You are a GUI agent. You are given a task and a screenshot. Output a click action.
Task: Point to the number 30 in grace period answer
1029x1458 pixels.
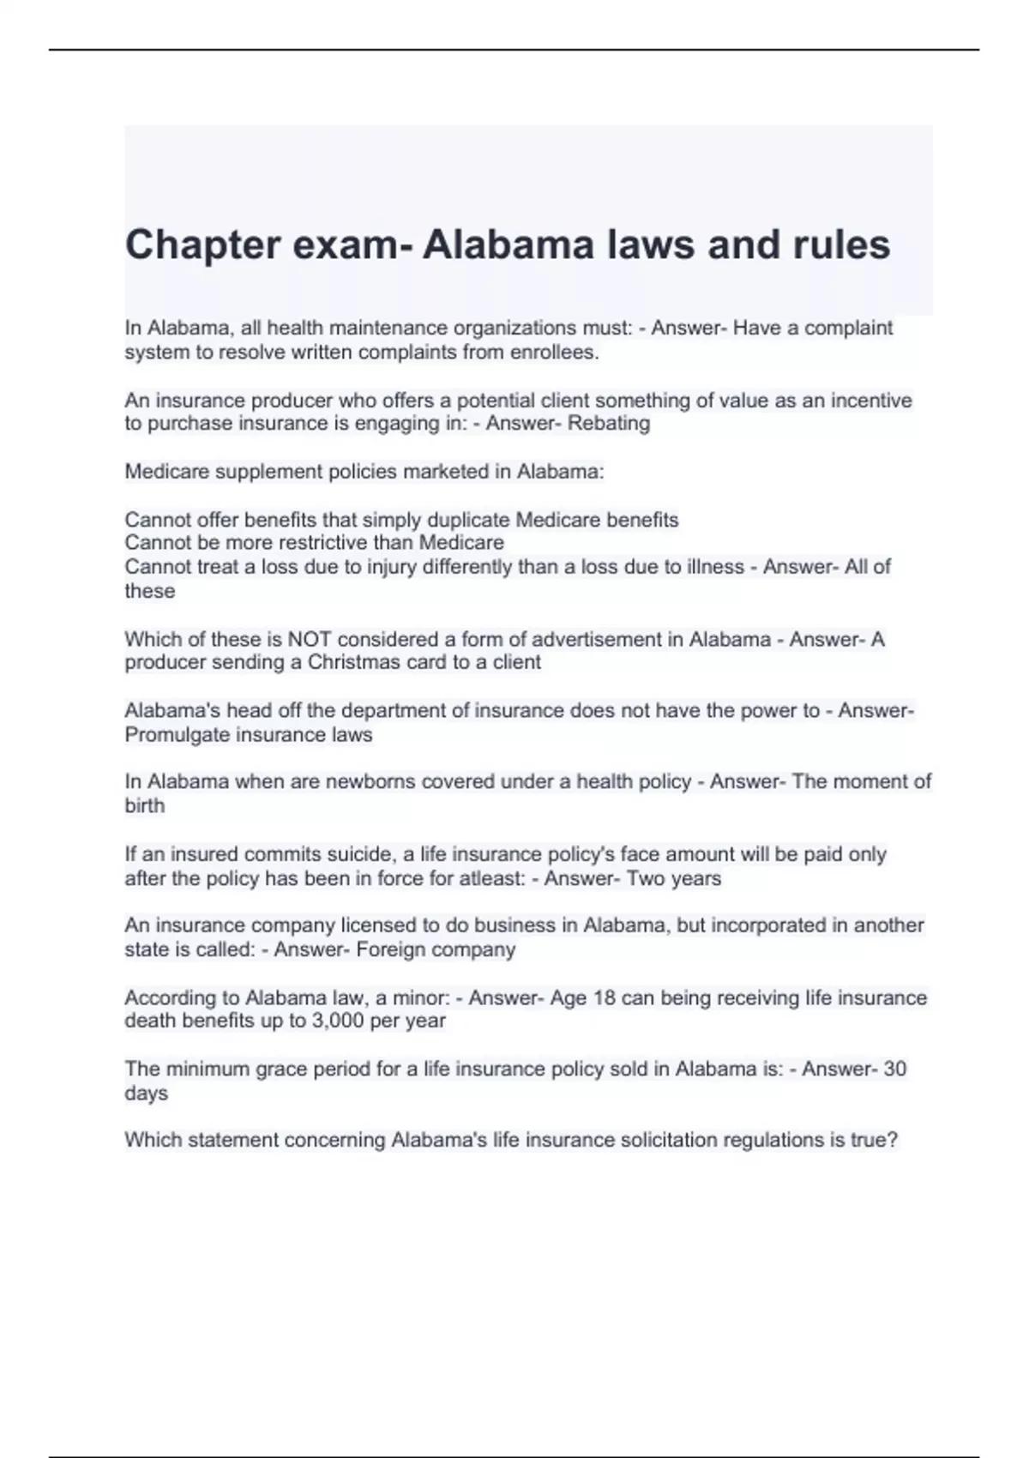point(894,1069)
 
